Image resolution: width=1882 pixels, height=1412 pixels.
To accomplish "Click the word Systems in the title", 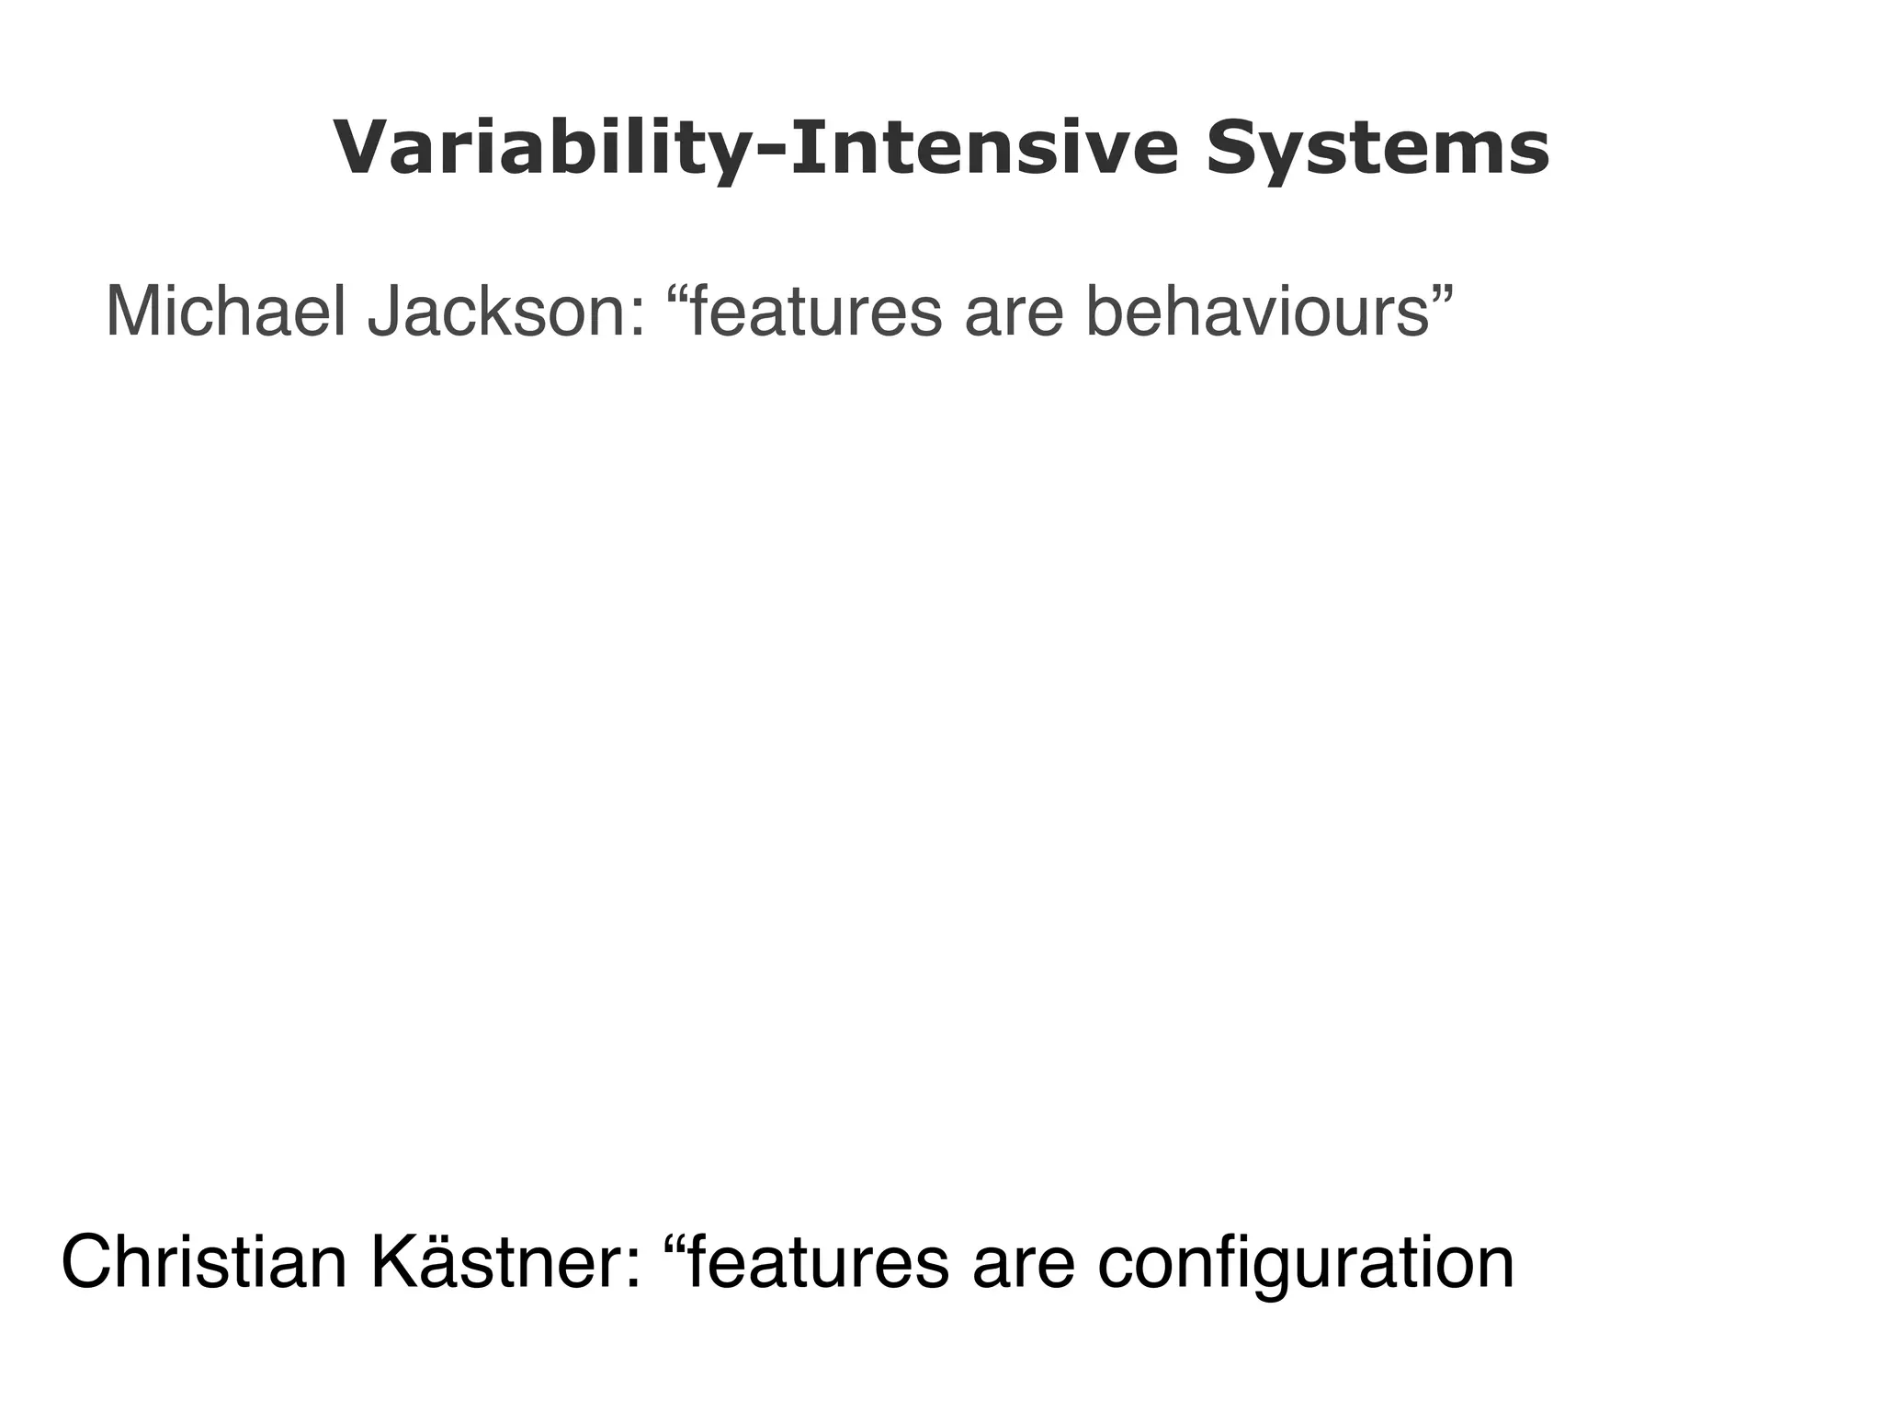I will (x=1377, y=149).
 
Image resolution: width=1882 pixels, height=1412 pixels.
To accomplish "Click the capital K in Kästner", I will (x=398, y=1264).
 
